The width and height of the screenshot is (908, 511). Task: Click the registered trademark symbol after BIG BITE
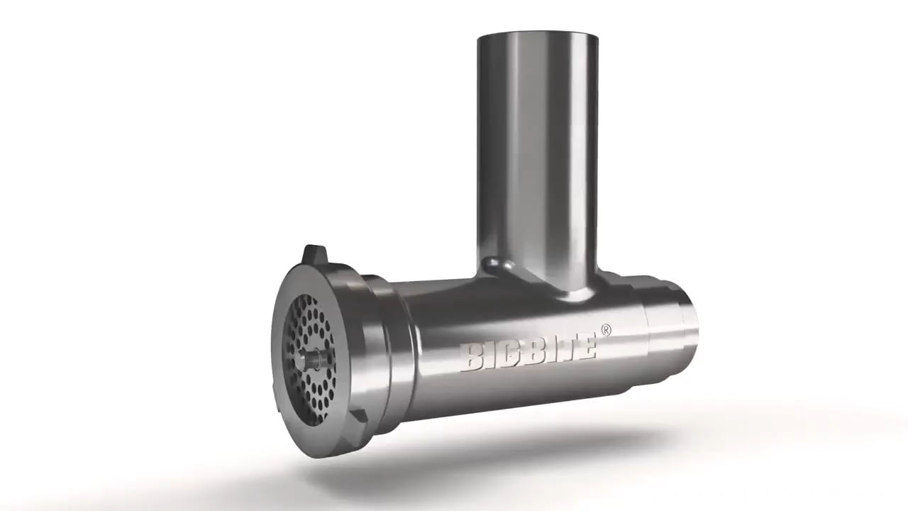coord(606,330)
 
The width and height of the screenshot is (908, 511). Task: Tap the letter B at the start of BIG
coord(470,358)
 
